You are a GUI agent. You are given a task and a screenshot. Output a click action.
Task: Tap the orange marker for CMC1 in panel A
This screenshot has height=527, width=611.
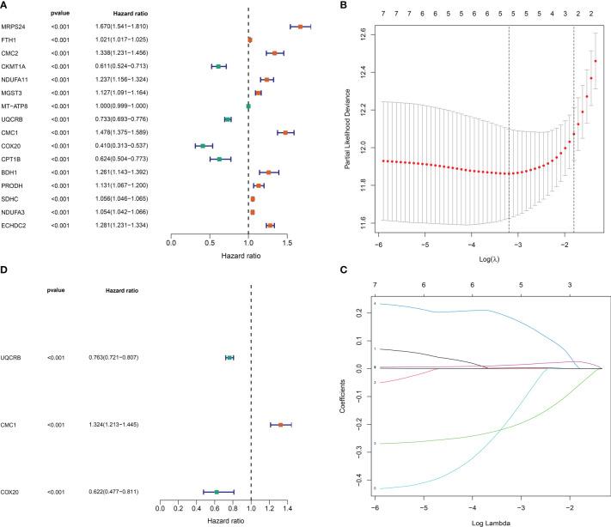[x=285, y=133]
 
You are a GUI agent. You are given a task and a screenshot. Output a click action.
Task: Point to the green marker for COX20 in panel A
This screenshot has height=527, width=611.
[x=203, y=146]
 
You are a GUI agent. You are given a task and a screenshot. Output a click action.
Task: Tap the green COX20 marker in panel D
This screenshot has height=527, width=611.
[x=217, y=492]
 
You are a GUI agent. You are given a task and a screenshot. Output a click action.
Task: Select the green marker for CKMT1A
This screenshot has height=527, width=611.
[x=218, y=66]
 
